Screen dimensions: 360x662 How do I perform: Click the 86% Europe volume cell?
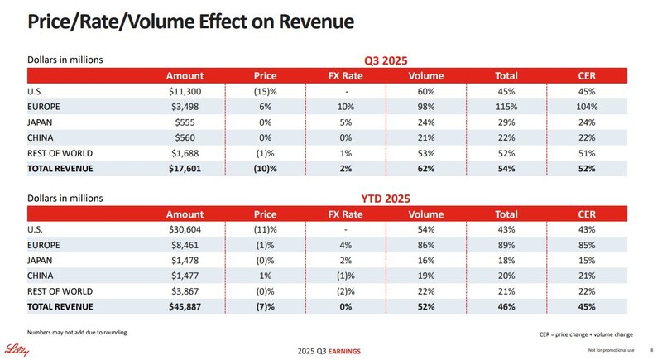pos(425,246)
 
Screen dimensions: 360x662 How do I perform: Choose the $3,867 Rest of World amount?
pos(185,291)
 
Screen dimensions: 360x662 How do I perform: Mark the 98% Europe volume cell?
pos(425,107)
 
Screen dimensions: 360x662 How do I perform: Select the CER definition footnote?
pos(586,334)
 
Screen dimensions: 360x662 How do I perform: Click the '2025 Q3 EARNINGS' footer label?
pos(329,352)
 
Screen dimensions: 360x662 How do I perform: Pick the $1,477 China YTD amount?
pos(185,276)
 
